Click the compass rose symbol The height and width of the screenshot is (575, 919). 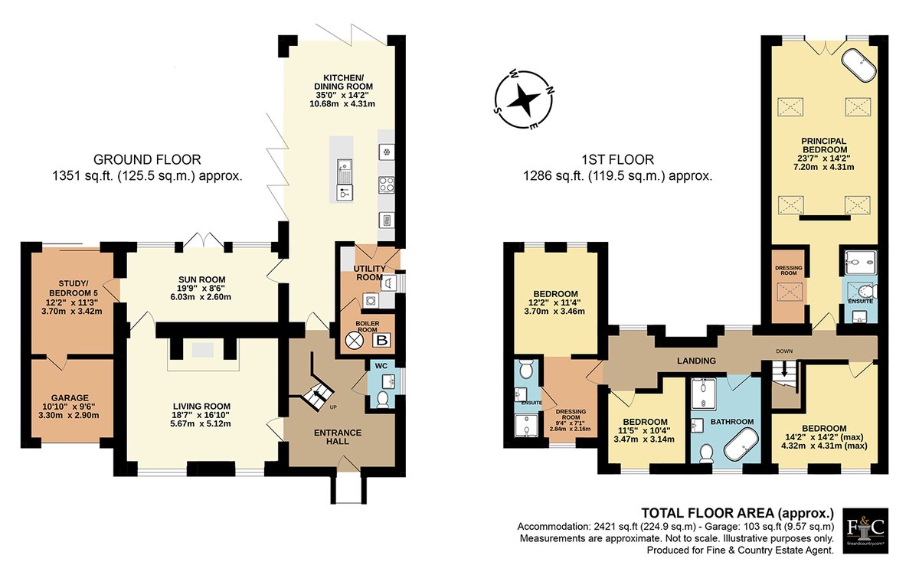(524, 101)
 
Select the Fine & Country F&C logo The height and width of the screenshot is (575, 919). (865, 531)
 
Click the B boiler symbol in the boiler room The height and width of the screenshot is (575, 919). (381, 340)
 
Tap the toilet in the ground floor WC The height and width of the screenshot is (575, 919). (382, 399)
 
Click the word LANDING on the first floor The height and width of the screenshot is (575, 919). (696, 361)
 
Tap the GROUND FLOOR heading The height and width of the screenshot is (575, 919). (147, 159)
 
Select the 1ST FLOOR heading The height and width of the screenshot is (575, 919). (617, 159)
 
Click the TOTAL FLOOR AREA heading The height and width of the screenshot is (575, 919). (737, 513)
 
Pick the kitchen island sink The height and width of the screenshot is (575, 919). (344, 172)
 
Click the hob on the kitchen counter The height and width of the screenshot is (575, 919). (386, 185)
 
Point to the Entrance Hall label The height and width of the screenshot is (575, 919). (338, 436)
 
